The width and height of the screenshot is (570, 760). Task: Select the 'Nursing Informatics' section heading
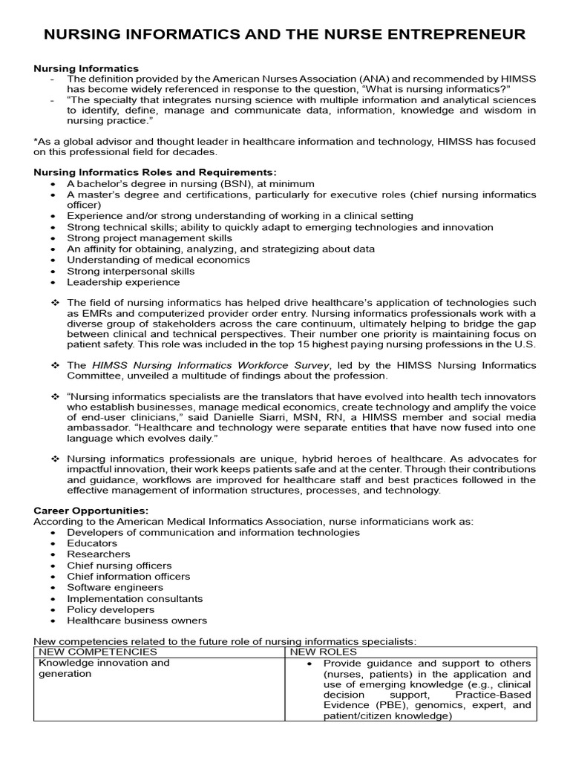click(x=86, y=68)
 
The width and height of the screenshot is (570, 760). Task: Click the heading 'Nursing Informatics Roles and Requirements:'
click(x=155, y=172)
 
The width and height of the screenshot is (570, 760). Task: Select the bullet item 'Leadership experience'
click(x=123, y=282)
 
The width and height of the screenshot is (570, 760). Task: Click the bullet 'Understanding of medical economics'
click(x=158, y=260)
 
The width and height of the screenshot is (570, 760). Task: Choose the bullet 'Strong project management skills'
click(x=149, y=238)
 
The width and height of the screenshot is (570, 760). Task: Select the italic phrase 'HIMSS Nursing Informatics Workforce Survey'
click(x=211, y=365)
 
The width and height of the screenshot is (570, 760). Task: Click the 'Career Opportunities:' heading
click(x=91, y=511)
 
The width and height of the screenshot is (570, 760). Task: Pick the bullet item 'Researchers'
click(x=98, y=554)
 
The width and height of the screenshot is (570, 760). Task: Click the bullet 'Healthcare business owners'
click(x=137, y=620)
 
